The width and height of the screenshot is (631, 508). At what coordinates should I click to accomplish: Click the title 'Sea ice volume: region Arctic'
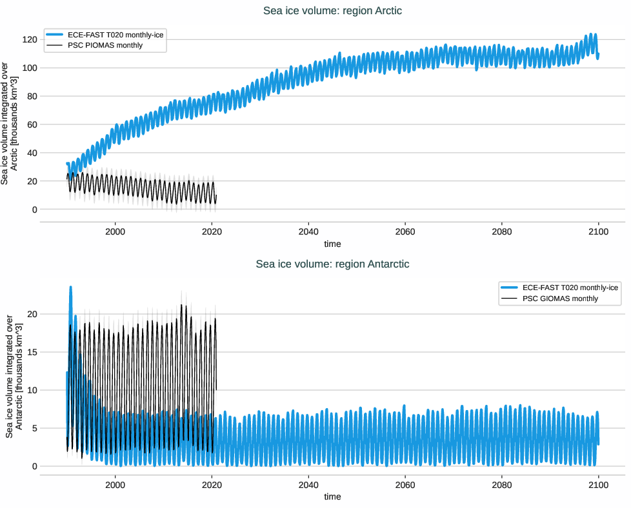pos(332,10)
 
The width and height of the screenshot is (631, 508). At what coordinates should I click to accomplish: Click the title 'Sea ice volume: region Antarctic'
pos(332,264)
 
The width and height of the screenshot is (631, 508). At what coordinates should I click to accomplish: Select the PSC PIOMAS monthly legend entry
pos(105,46)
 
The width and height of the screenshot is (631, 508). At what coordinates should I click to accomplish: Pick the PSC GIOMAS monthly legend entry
pos(559,298)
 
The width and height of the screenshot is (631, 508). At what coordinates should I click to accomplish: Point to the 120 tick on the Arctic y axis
pos(28,39)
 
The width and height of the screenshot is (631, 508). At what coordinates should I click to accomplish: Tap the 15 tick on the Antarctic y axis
pos(30,352)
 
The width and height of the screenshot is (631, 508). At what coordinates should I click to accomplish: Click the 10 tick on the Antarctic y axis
pos(30,390)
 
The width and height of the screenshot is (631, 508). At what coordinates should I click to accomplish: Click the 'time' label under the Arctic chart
pos(332,244)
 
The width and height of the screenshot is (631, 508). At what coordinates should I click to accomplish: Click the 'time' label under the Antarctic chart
pos(332,497)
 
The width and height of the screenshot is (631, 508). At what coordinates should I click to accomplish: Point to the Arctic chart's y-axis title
pos(10,122)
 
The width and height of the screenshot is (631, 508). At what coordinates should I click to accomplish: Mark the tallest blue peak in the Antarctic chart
pos(70,288)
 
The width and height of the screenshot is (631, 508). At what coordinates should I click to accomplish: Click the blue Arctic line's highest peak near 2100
pos(594,34)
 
